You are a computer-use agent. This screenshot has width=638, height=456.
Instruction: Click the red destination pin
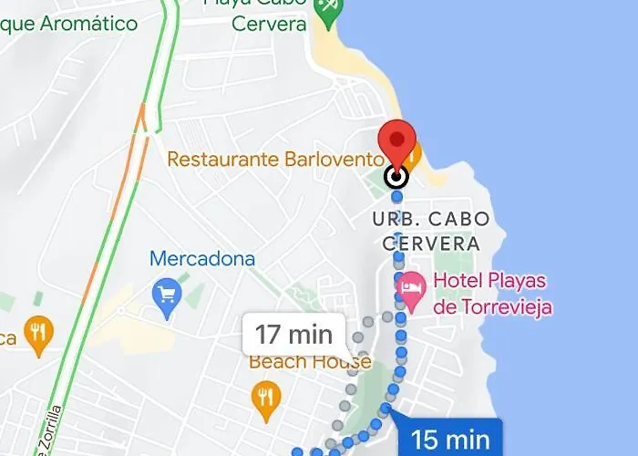396,143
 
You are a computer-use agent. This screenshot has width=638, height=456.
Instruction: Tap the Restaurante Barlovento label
271,160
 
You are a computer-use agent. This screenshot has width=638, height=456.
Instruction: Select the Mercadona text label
202,259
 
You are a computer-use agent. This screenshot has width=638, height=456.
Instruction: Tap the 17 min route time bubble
293,334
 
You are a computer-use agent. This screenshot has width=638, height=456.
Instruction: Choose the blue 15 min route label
450,439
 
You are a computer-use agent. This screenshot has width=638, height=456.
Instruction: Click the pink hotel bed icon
411,286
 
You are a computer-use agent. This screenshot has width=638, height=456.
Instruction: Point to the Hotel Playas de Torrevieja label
492,294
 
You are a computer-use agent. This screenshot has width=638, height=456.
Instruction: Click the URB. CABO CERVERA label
431,232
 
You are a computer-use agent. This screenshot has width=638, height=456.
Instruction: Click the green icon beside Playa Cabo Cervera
325,9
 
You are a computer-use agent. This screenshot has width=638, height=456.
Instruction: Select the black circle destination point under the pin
396,176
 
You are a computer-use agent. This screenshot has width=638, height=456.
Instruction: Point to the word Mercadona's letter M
159,259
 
